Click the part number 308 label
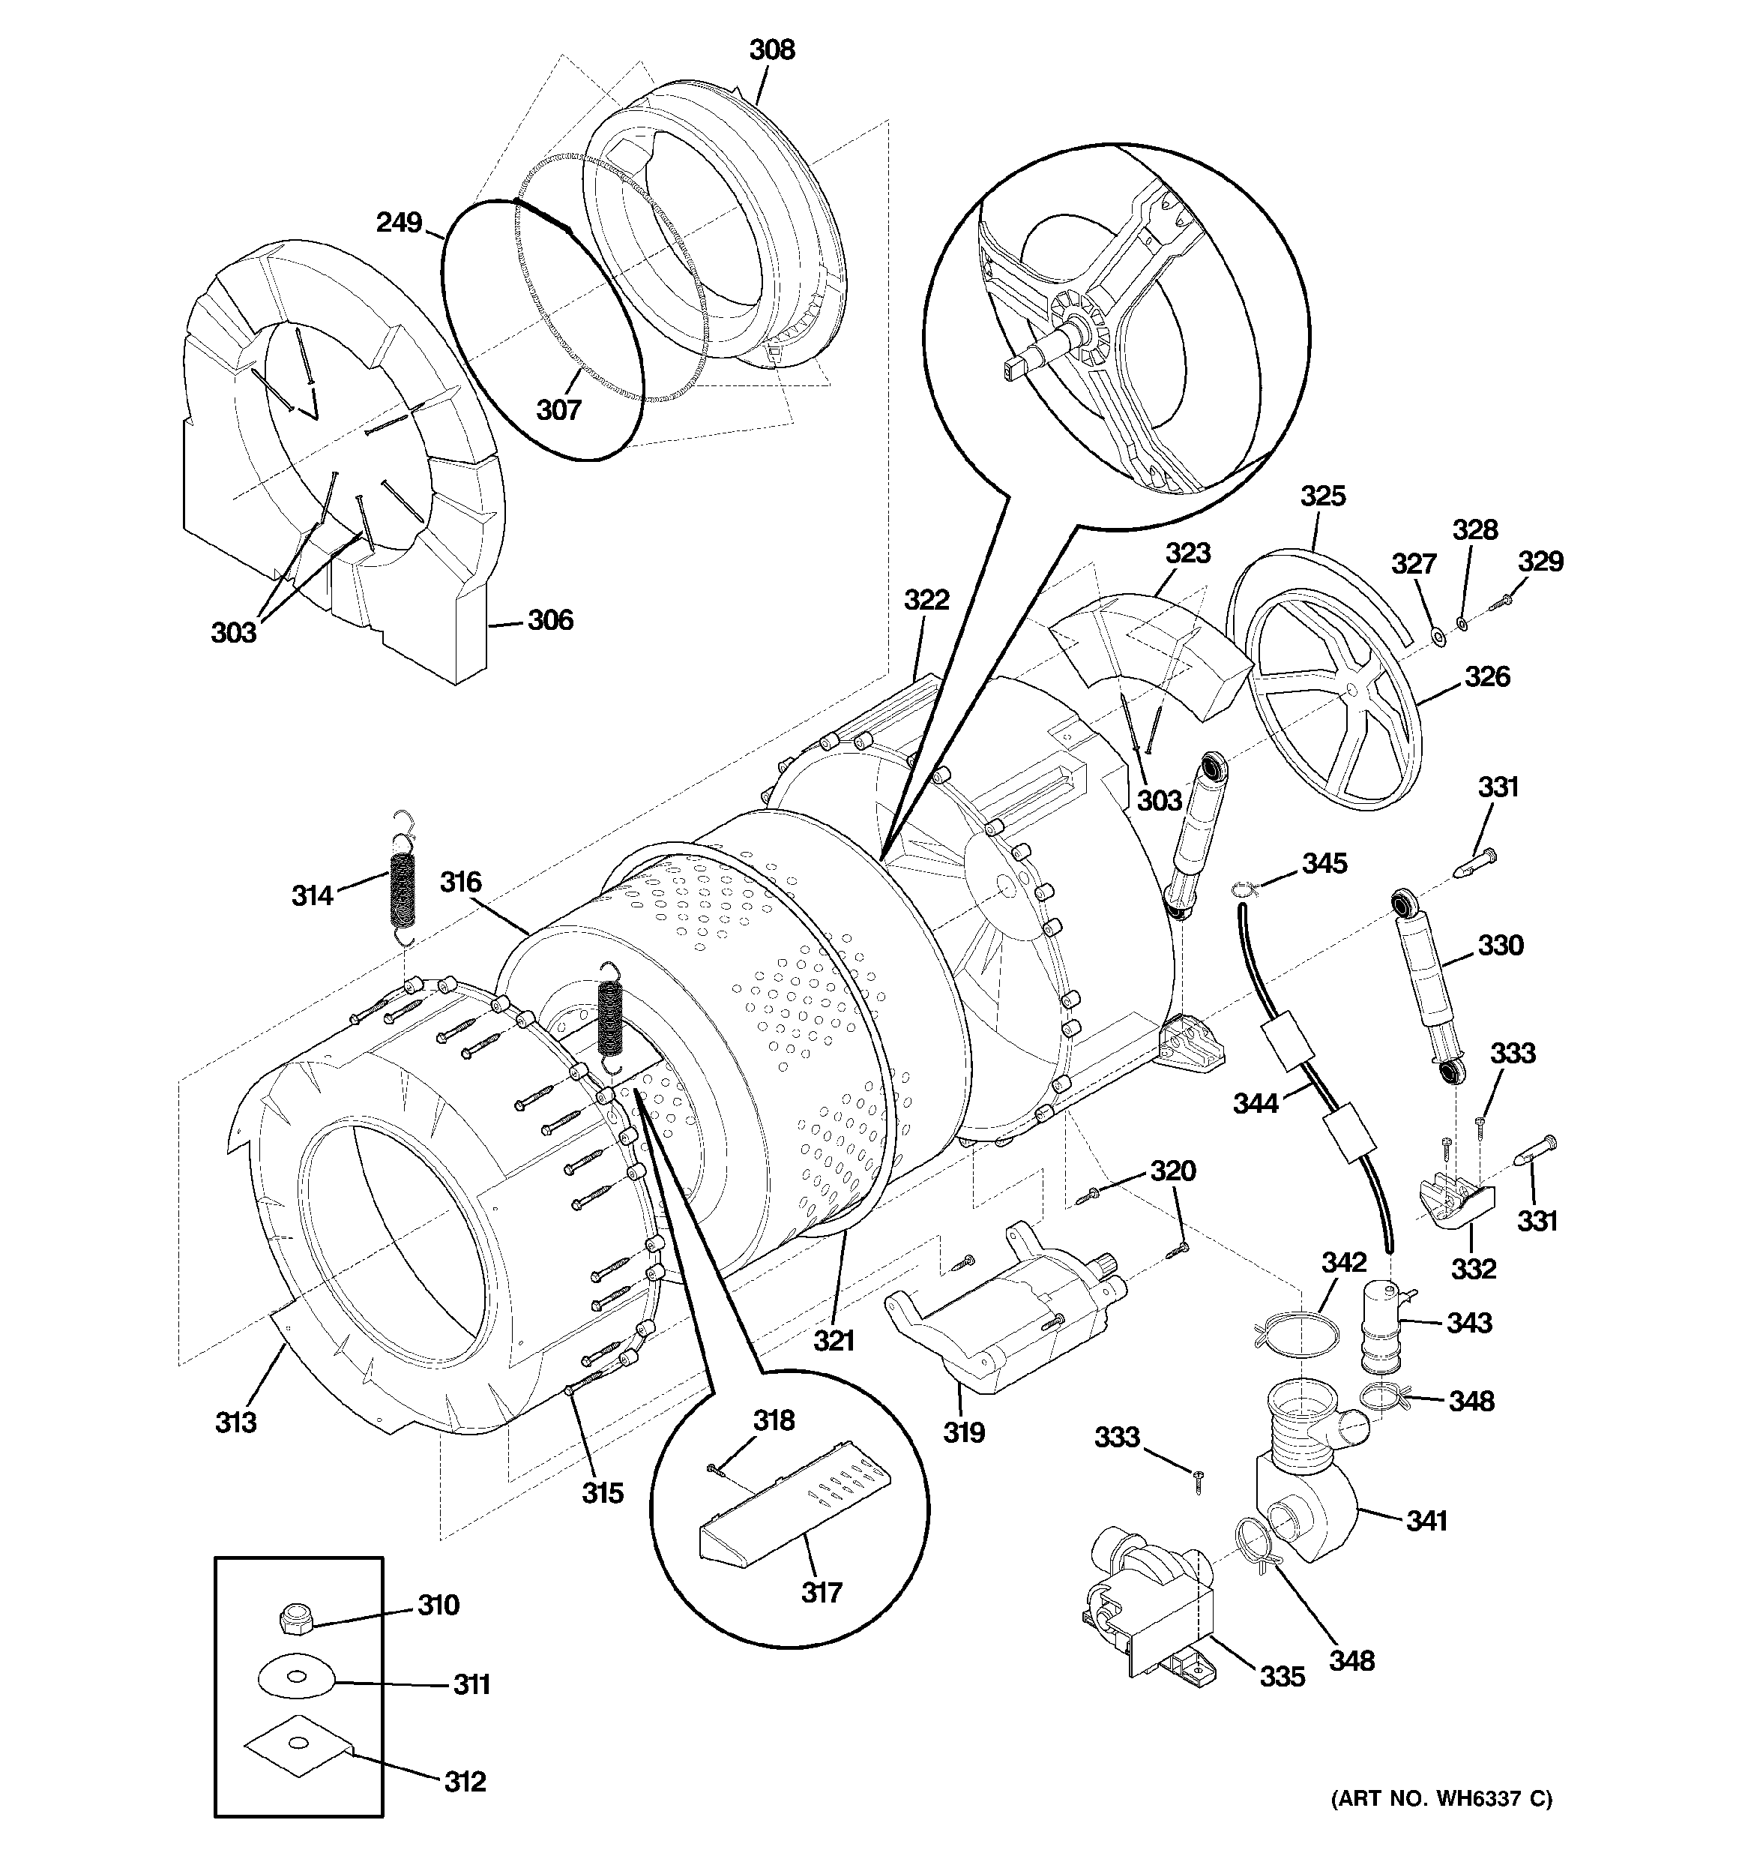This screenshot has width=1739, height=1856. click(x=772, y=49)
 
